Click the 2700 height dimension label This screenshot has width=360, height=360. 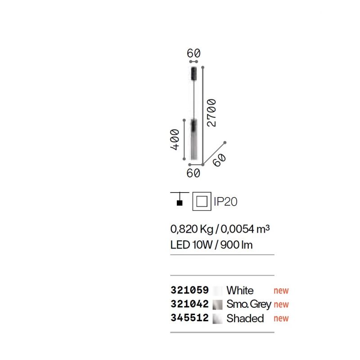click(211, 113)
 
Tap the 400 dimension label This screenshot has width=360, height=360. click(175, 139)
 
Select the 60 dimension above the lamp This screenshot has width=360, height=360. click(193, 53)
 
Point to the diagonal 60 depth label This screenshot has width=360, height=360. click(219, 160)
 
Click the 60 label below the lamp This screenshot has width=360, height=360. click(193, 173)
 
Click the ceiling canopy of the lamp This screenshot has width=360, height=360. click(194, 73)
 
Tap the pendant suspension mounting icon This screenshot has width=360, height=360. click(180, 199)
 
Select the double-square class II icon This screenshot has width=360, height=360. click(202, 201)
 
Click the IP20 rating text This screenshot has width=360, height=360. click(225, 202)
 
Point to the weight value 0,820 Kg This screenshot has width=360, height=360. click(192, 229)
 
